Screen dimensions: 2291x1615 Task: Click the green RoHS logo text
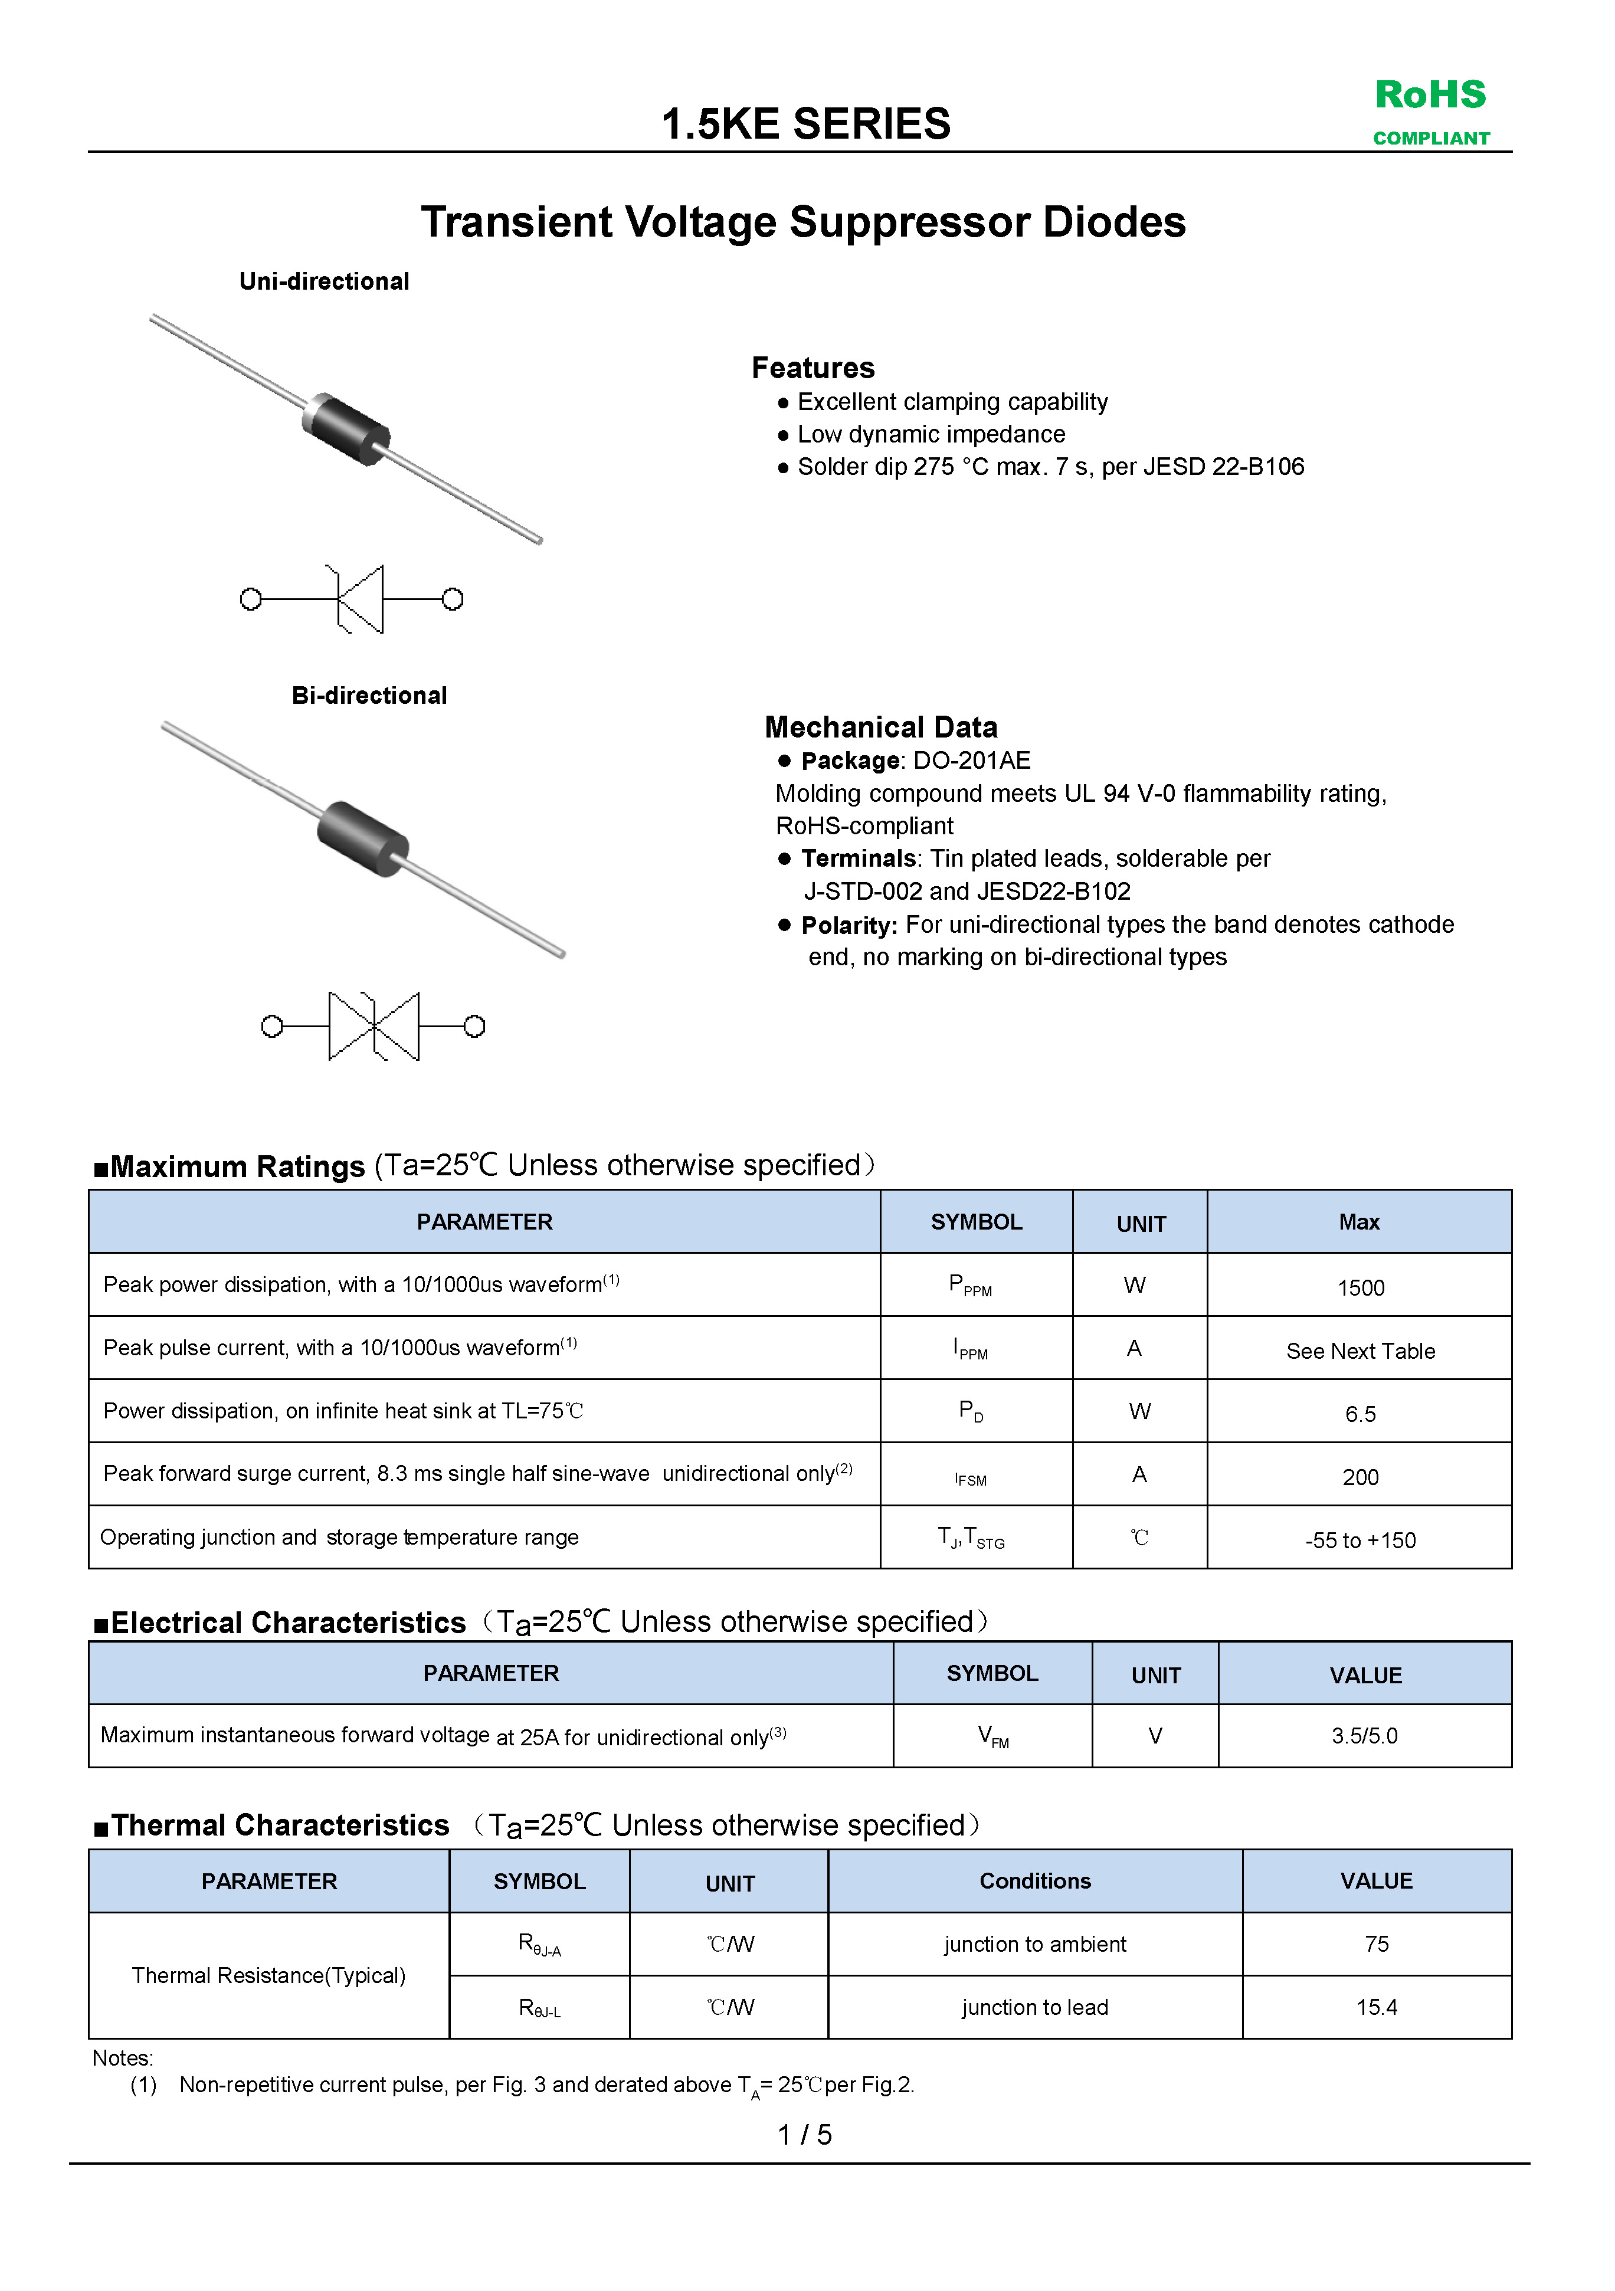pyautogui.click(x=1430, y=96)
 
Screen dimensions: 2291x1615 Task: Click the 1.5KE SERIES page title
pyautogui.click(x=805, y=124)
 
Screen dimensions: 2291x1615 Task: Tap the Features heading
pyautogui.click(x=813, y=368)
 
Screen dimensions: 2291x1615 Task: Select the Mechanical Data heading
pyautogui.click(x=880, y=727)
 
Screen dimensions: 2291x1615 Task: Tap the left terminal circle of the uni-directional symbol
pyautogui.click(x=251, y=599)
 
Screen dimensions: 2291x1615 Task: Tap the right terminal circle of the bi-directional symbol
pyautogui.click(x=475, y=1026)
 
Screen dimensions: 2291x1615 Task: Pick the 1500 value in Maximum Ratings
pyautogui.click(x=1361, y=1288)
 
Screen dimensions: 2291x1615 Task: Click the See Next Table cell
pyautogui.click(x=1361, y=1351)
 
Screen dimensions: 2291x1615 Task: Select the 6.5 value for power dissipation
pyautogui.click(x=1361, y=1414)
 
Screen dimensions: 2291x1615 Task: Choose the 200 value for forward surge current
pyautogui.click(x=1361, y=1477)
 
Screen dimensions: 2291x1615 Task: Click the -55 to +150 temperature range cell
pyautogui.click(x=1361, y=1541)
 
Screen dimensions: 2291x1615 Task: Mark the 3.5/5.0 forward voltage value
pyautogui.click(x=1364, y=1736)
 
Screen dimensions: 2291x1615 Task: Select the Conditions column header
pyautogui.click(x=1035, y=1881)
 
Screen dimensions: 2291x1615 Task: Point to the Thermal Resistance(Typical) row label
pyautogui.click(x=268, y=1976)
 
